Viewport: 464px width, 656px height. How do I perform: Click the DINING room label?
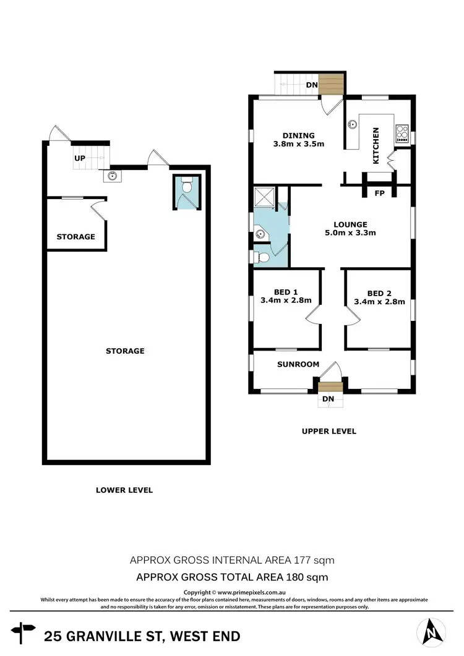(x=299, y=135)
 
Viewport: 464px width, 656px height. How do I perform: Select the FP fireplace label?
(x=380, y=193)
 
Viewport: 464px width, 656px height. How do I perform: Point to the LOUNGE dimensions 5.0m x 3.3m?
(x=351, y=233)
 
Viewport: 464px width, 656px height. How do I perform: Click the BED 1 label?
(x=286, y=293)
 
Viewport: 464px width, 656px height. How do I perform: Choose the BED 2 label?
(x=379, y=293)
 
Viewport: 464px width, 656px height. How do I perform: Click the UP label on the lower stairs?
(x=80, y=158)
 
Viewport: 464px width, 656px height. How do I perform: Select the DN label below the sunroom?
(x=328, y=399)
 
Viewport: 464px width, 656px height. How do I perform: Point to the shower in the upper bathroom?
(x=265, y=198)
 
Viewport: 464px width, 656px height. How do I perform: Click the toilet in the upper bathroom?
(x=260, y=256)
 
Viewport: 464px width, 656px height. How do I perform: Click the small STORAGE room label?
(x=76, y=237)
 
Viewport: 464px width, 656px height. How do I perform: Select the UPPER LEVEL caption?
(x=329, y=431)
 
